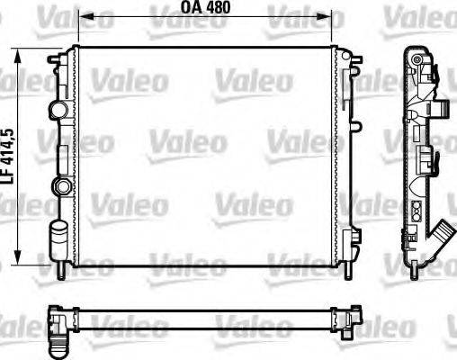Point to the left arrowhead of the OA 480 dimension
pyautogui.click(x=84, y=15)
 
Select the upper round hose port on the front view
pyautogui.click(x=59, y=110)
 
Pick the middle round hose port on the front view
pyautogui.click(x=60, y=186)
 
